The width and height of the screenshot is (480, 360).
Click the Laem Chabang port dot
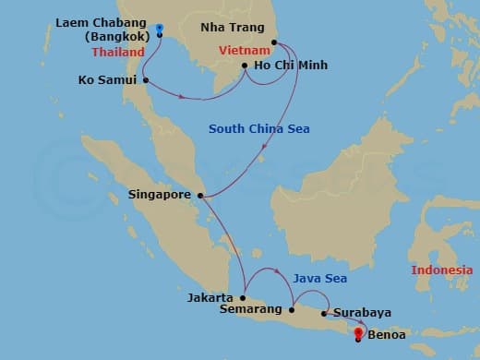tap(160, 35)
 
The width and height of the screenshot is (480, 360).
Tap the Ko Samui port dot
tap(147, 80)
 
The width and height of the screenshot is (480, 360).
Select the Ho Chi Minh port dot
tap(244, 66)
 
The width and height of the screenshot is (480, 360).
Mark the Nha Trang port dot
tap(274, 42)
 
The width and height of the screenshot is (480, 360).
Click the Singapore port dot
tap(200, 195)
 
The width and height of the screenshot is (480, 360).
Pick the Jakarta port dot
tap(243, 297)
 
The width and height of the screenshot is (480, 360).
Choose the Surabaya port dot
tap(323, 314)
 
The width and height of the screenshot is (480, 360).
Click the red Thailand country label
tap(118, 53)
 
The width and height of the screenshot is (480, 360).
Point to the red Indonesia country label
tap(442, 270)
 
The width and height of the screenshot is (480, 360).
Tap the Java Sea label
tap(318, 276)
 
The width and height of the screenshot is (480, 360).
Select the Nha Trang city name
tap(231, 28)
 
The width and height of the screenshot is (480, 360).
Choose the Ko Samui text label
tap(106, 80)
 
